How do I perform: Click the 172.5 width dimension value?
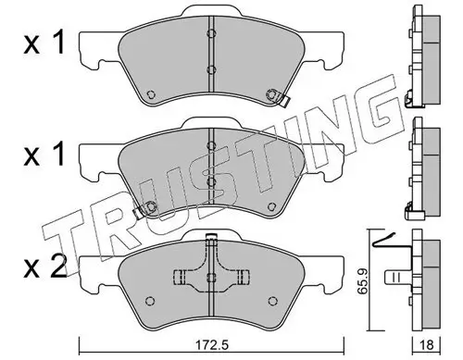pyautogui.click(x=211, y=345)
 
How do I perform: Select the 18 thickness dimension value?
pyautogui.click(x=427, y=345)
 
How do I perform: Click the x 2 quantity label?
pyautogui.click(x=45, y=267)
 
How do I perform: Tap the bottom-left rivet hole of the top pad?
pyautogui.click(x=150, y=94)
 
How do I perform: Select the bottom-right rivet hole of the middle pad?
pyautogui.click(x=271, y=206)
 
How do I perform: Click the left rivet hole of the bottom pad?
pyautogui.click(x=150, y=301)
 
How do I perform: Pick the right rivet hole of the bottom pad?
pyautogui.click(x=272, y=301)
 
